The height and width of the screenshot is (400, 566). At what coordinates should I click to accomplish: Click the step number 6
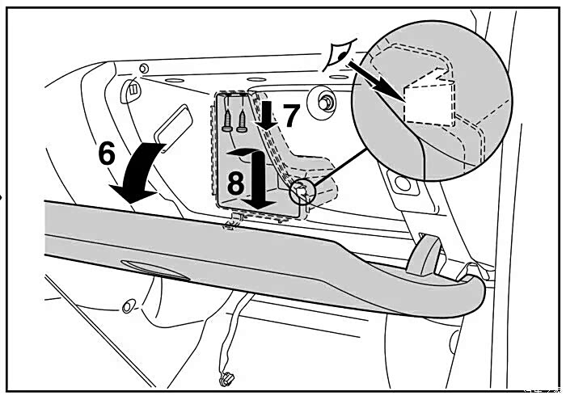(107, 153)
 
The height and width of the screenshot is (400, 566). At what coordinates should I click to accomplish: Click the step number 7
(290, 116)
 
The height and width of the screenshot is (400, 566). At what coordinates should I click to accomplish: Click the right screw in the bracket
(241, 116)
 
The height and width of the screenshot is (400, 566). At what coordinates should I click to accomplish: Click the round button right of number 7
(328, 100)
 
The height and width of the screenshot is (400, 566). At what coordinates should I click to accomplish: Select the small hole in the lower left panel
(125, 307)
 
